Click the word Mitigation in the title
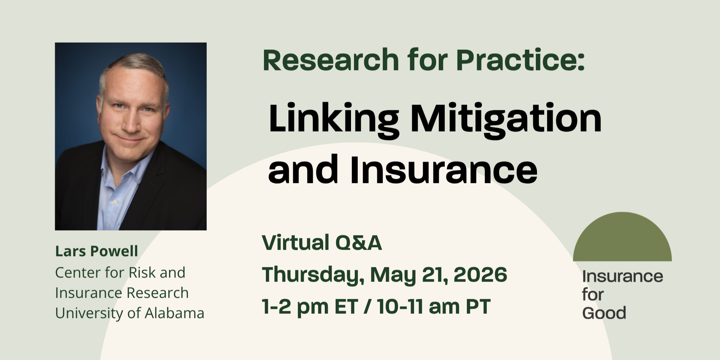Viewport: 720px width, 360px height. [506, 118]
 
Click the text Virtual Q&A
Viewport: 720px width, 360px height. [322, 243]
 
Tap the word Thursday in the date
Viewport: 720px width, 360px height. [313, 275]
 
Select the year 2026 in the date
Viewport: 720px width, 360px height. [480, 275]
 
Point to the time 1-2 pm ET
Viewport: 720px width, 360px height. [310, 307]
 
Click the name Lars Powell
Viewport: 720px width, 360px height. [97, 251]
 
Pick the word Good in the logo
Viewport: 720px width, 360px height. [604, 313]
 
